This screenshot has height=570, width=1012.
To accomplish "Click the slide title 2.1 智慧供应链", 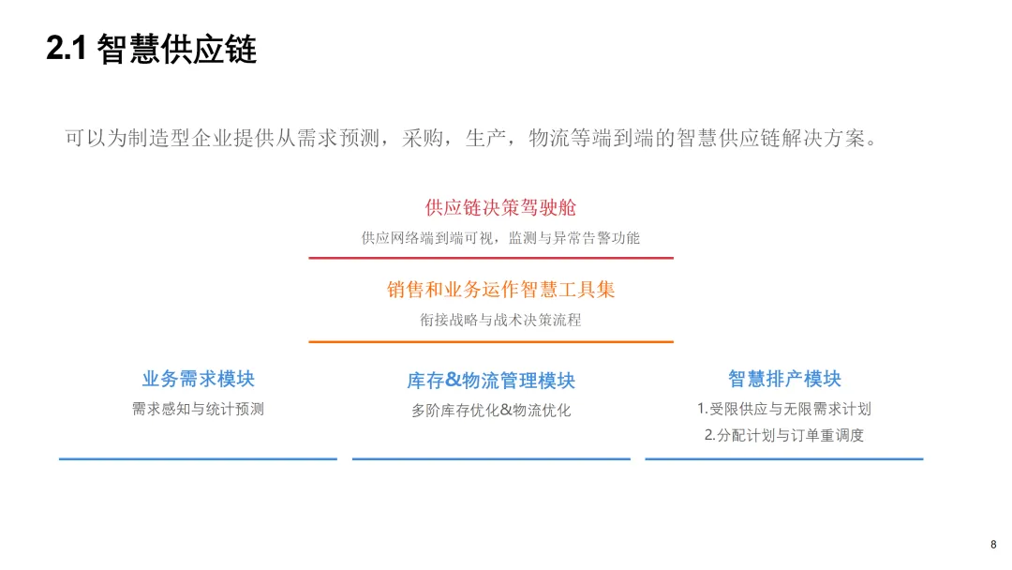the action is (x=152, y=50).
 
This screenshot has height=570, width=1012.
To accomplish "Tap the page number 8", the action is (x=993, y=545).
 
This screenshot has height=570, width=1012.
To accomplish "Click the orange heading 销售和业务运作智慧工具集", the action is (x=500, y=290).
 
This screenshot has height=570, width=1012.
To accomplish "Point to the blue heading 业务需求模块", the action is (x=199, y=379).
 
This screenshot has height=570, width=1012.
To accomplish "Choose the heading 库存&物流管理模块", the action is (x=491, y=381).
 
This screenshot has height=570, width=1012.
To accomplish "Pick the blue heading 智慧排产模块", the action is (x=784, y=379).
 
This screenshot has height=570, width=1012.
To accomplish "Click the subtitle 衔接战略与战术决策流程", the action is (x=500, y=320).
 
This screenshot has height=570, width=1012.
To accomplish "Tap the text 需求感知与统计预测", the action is (x=198, y=409).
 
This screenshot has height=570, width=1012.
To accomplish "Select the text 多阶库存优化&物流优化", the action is (x=491, y=410).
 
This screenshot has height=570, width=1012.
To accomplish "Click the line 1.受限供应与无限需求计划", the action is (x=784, y=409).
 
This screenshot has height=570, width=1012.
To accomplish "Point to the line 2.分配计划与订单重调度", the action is (x=784, y=435).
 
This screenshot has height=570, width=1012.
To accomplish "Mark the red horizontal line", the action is (x=491, y=257).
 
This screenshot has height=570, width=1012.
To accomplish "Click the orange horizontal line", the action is (x=491, y=341).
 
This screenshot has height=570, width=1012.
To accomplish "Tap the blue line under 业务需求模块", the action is (x=198, y=458).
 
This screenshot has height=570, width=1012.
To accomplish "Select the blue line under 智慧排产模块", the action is (x=784, y=458).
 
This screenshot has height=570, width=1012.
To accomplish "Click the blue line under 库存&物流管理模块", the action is (x=491, y=458).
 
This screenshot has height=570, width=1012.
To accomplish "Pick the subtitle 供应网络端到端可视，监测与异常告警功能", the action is (x=500, y=238).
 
